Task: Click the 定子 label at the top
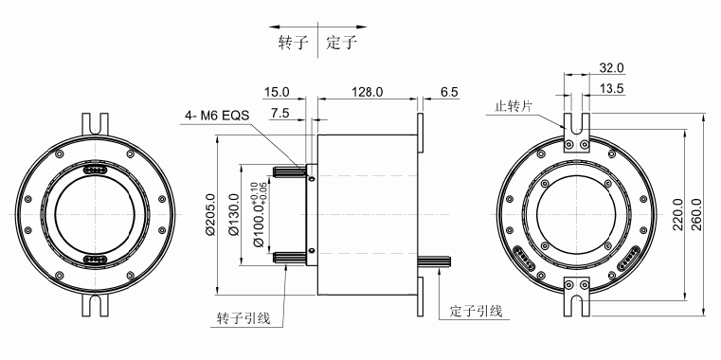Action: coord(342,43)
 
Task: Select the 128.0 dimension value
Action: coord(367,92)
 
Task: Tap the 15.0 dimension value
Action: coord(277,92)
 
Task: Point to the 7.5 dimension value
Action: coord(280,114)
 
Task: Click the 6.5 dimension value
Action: coord(449,92)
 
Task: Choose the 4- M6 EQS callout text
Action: coord(217,116)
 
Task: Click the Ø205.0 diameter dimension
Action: coord(210,215)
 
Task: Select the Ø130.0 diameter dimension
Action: coord(234,215)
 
